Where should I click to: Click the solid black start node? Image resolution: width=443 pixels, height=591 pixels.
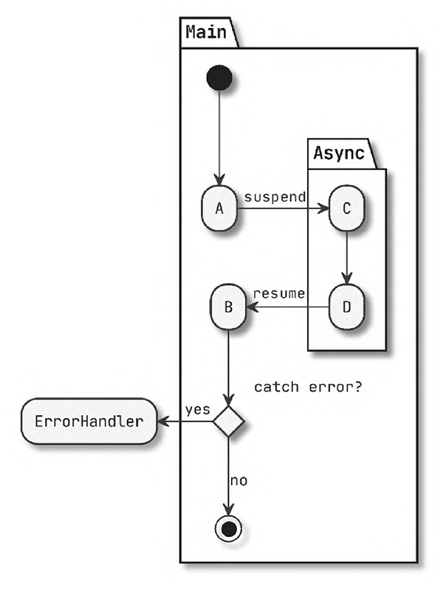pos(219,78)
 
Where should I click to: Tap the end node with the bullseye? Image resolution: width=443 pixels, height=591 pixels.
pos(229,528)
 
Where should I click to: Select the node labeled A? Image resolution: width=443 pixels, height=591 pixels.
pos(219,208)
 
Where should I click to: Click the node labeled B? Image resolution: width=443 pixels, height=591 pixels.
pos(228,306)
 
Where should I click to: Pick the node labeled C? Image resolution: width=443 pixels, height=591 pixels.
pos(346,208)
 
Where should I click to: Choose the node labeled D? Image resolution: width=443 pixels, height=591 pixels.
pos(346,306)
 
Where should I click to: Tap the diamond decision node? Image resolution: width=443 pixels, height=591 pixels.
pos(229,422)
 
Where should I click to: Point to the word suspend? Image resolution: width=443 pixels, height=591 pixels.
pos(274,197)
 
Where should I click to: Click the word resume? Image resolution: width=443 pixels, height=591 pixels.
pos(278,293)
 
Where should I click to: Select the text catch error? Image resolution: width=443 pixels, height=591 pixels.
pos(308,386)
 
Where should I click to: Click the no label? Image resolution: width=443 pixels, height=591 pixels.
pos(238,481)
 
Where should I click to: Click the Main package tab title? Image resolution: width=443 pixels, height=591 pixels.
pos(206,32)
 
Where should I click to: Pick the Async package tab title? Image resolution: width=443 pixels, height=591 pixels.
pos(339,154)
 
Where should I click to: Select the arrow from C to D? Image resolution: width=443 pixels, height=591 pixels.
pos(346,259)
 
